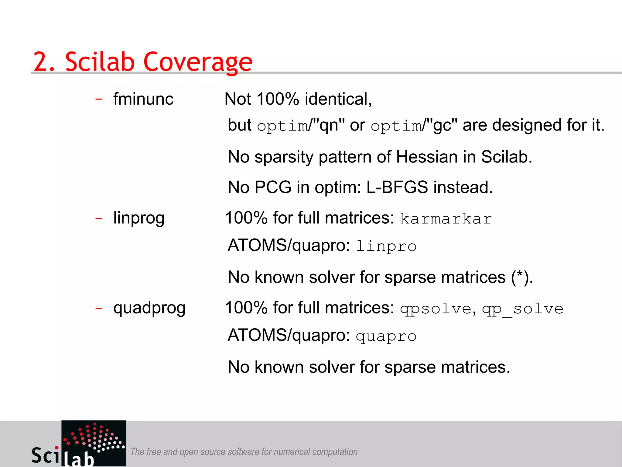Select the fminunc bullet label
143,99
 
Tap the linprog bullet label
139,218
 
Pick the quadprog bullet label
149,308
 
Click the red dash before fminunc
99,99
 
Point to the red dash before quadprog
99,309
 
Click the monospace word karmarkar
446,219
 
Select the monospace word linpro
386,246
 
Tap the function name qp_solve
523,309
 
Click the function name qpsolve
436,309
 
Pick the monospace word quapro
386,336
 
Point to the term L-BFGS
397,187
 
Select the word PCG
273,187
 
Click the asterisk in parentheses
520,275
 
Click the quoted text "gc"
442,125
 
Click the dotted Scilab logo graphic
94,438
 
